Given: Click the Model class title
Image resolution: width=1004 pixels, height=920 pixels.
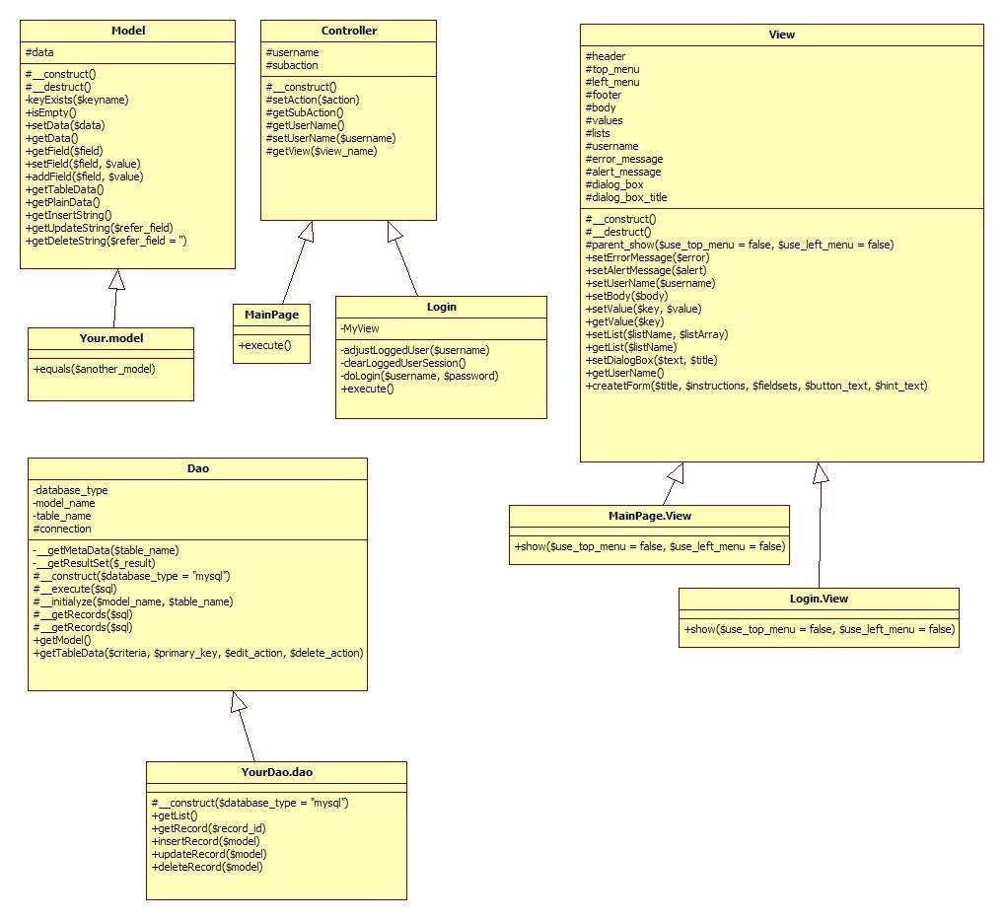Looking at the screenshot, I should click(x=127, y=31).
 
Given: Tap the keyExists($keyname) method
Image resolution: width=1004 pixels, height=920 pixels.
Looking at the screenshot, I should click(x=77, y=100).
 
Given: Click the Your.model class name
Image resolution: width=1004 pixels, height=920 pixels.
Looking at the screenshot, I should click(x=110, y=338).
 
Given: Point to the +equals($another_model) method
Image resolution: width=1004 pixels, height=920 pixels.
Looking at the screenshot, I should click(x=94, y=369).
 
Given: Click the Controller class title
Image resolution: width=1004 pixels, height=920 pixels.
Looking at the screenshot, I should click(x=348, y=31).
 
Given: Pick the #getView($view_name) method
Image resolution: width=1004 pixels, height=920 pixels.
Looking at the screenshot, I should click(x=322, y=151).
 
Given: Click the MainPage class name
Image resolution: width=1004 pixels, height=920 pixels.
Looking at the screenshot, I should click(x=272, y=315).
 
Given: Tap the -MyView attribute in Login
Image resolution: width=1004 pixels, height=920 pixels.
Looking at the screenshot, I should click(x=360, y=328).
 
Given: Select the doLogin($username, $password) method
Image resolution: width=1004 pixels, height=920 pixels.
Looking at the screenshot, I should click(x=419, y=376).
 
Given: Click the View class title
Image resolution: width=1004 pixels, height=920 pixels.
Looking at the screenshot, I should click(x=781, y=35).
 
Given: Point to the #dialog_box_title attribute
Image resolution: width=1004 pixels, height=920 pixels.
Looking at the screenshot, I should click(x=626, y=197).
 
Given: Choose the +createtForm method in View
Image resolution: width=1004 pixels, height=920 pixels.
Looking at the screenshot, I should click(x=755, y=386).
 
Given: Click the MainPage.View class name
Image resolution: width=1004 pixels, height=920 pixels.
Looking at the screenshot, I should click(x=649, y=516).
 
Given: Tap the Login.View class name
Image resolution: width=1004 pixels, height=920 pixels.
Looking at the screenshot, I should click(x=819, y=599).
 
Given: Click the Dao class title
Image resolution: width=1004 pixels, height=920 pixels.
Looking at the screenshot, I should click(x=197, y=468).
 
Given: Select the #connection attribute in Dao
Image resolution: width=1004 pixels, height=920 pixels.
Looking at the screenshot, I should click(x=62, y=529).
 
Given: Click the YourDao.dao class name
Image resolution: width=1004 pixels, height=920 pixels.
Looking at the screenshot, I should click(x=276, y=772).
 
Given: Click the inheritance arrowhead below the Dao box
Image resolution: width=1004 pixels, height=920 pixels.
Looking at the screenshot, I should click(x=238, y=701).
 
